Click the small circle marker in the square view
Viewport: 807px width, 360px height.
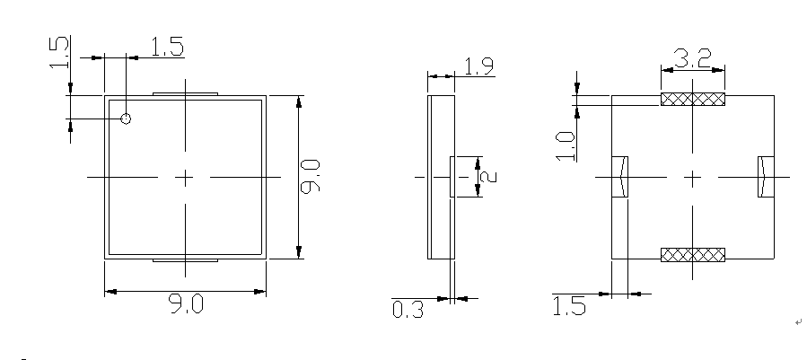tap(126, 119)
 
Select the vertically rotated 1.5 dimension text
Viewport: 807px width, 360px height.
tap(58, 55)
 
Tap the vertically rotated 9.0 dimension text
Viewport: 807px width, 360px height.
tap(312, 177)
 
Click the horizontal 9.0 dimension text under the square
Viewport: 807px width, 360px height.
tap(186, 304)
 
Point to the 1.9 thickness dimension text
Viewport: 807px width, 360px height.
tap(477, 66)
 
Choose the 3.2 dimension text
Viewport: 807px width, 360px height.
tap(692, 60)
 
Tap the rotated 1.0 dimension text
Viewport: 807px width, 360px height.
tap(565, 145)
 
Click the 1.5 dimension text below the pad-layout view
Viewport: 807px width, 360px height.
tap(569, 307)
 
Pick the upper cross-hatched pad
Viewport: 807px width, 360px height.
tap(692, 100)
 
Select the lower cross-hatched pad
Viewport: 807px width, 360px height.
tap(692, 256)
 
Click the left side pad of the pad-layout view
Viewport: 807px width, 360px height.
tap(618, 177)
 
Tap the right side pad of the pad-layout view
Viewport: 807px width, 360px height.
tap(765, 177)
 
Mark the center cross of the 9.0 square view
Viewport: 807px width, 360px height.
tap(185, 178)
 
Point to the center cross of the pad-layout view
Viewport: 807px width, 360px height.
tap(692, 178)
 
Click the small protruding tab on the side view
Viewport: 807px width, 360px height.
tap(452, 176)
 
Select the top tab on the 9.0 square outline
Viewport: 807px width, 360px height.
tap(185, 92)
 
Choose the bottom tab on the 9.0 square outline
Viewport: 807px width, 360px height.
tap(185, 261)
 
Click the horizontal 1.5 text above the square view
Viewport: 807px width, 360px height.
tap(166, 48)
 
